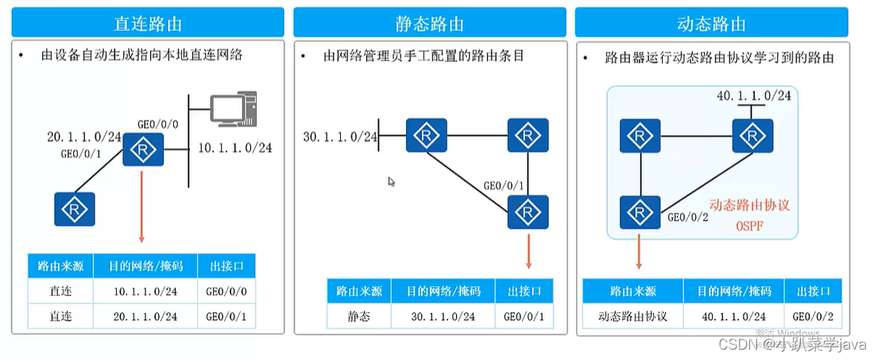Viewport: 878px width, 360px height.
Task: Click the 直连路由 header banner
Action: click(x=147, y=22)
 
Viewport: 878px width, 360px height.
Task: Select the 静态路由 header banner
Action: click(x=430, y=22)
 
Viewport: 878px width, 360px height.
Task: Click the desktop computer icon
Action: click(x=235, y=114)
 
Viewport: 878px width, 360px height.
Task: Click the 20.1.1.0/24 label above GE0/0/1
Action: click(x=83, y=137)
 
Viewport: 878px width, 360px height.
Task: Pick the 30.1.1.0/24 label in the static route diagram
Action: click(x=339, y=137)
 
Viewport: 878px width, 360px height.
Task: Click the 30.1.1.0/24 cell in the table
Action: click(x=443, y=317)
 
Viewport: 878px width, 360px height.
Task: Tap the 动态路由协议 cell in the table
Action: click(x=632, y=317)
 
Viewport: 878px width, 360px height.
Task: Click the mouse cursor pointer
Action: click(x=392, y=182)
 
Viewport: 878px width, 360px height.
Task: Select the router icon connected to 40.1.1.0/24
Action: click(x=752, y=137)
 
